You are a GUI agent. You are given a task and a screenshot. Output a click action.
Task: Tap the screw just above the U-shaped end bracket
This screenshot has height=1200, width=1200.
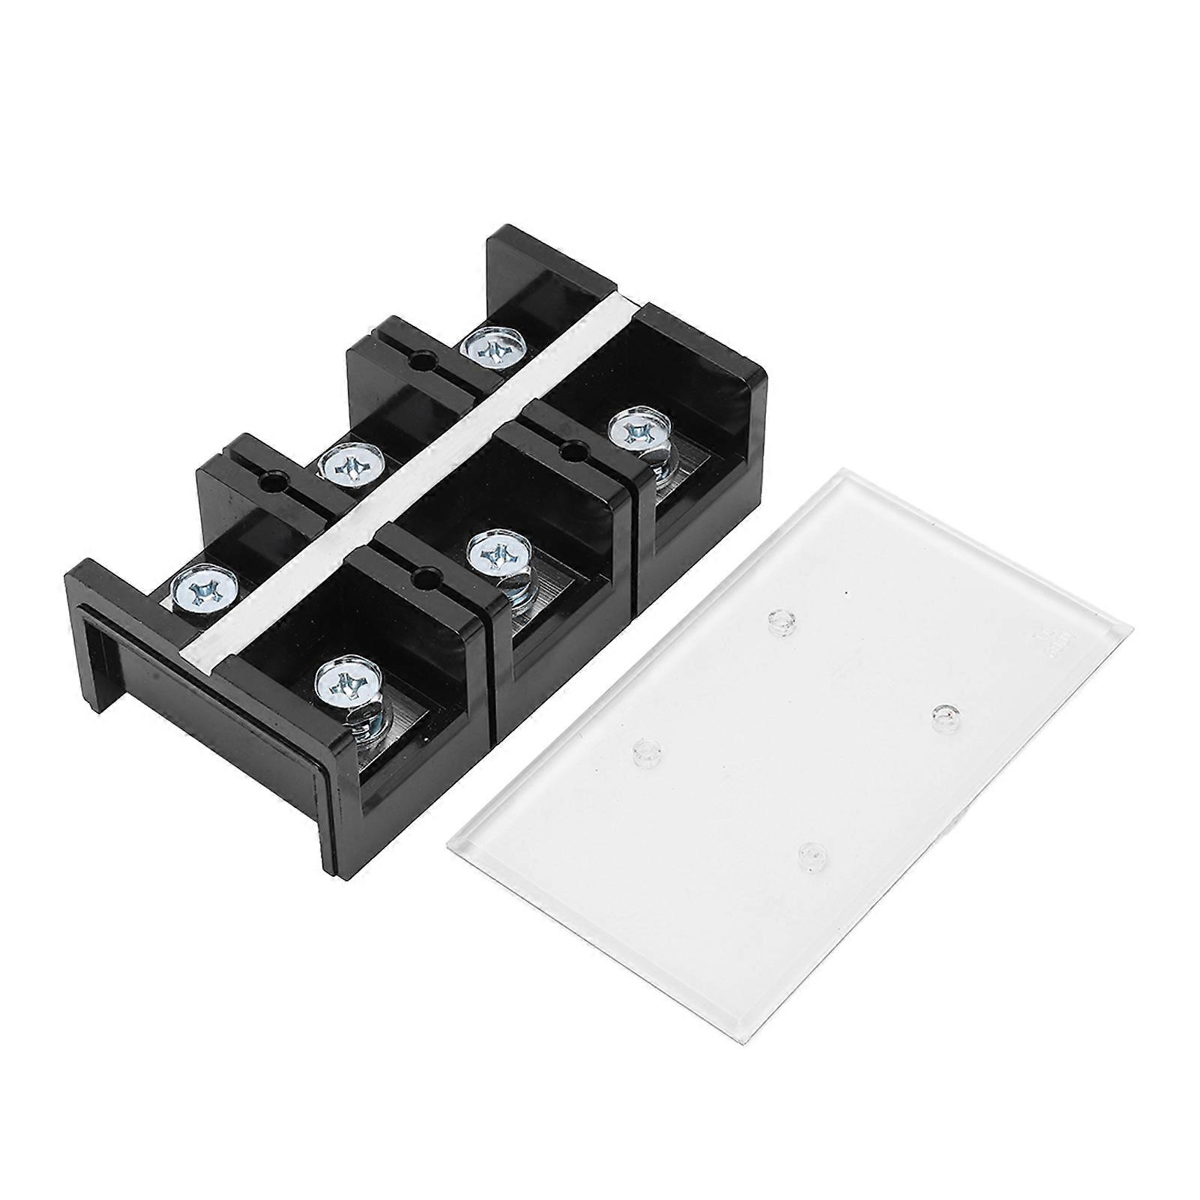pos(202,591)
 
